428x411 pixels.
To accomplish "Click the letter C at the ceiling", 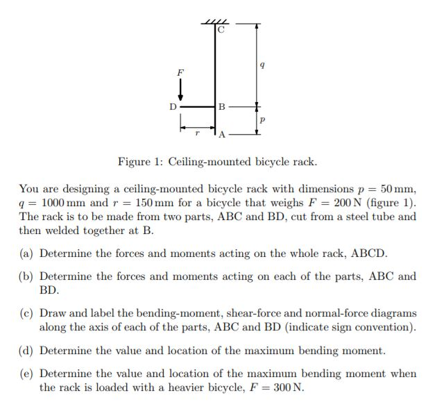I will (221, 31).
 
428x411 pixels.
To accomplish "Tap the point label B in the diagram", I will (221, 107).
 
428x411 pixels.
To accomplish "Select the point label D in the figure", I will (173, 107).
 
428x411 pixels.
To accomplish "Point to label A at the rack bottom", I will (222, 134).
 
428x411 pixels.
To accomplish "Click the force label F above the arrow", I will (181, 72).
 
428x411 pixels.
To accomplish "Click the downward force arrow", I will (181, 89).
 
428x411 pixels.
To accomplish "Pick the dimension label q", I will (261, 65).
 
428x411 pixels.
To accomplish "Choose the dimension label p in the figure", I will (261, 119).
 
